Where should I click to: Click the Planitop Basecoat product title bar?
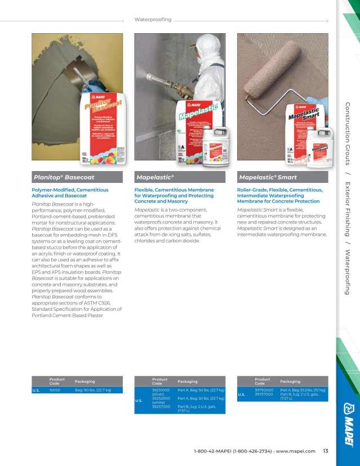tap(77, 177)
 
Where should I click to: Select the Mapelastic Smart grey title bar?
tap(282, 177)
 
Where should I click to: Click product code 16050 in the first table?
tap(55, 390)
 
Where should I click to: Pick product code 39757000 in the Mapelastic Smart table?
tap(264, 395)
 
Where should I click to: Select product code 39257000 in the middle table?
tap(161, 406)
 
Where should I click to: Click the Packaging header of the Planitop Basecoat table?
tap(85, 382)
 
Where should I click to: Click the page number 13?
tap(326, 450)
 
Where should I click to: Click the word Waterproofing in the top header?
tap(153, 20)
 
